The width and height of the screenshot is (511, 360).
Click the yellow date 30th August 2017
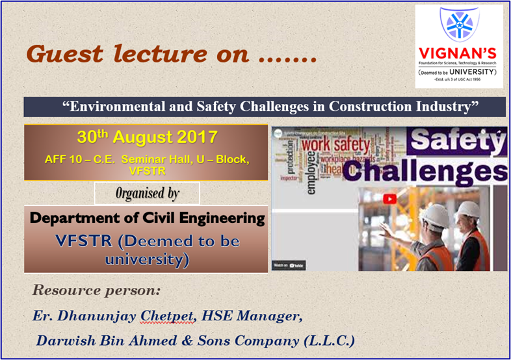pyautogui.click(x=147, y=138)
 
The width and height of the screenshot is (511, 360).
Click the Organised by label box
pyautogui.click(x=147, y=194)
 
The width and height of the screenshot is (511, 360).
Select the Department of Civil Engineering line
pyautogui.click(x=147, y=218)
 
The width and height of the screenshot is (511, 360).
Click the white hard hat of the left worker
pyautogui.click(x=435, y=215)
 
